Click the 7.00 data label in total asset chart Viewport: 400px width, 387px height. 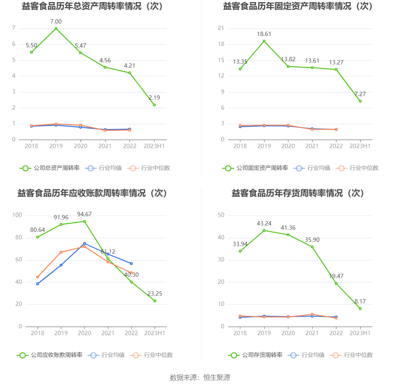click(x=56, y=22)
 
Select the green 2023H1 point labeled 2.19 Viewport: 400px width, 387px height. click(x=154, y=105)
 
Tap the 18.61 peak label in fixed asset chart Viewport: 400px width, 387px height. click(x=264, y=34)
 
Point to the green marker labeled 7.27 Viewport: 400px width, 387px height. click(x=360, y=101)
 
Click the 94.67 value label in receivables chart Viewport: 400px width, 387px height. click(x=84, y=214)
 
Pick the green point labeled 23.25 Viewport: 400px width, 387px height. click(x=155, y=301)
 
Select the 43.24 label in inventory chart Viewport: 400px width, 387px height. click(x=264, y=223)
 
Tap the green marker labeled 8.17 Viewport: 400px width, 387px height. click(x=360, y=308)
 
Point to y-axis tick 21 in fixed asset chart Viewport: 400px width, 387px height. click(x=221, y=28)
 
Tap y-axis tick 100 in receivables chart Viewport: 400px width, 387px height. click(x=17, y=215)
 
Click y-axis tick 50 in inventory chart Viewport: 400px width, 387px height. click(x=221, y=215)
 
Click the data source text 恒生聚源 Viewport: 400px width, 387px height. click(x=217, y=378)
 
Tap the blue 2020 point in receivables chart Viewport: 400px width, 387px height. click(x=84, y=244)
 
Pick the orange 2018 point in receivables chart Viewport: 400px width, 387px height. click(x=37, y=277)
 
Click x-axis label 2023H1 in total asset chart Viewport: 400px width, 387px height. click(x=154, y=146)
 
